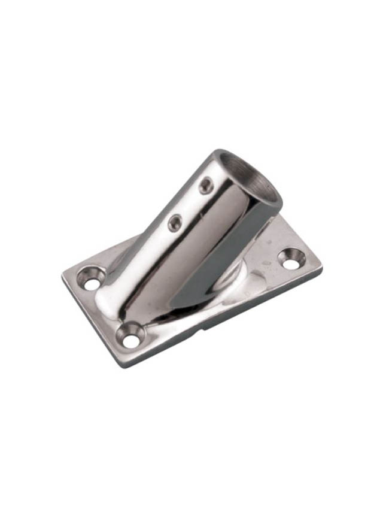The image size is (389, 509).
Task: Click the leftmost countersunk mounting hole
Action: [x=92, y=279]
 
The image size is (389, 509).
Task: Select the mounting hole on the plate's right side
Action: [x=291, y=257]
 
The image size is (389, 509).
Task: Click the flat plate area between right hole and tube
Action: [x=266, y=263]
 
